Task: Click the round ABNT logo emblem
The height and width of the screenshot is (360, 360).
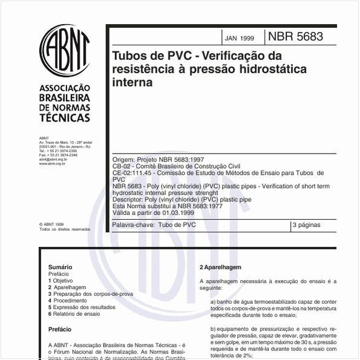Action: (x=64, y=51)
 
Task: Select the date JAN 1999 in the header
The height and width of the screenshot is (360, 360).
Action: (x=240, y=38)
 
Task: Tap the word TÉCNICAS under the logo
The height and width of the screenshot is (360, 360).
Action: (x=65, y=118)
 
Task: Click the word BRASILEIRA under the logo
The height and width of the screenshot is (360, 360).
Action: (x=64, y=97)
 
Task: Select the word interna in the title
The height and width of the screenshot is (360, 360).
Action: (x=133, y=83)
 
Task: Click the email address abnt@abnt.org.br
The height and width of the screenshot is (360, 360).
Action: (x=53, y=159)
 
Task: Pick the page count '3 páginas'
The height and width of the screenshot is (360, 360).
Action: (x=306, y=225)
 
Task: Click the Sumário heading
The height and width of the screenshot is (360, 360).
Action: (x=60, y=267)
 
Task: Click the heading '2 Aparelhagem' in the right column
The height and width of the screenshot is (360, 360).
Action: (x=220, y=267)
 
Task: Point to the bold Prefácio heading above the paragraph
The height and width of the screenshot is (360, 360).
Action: (x=60, y=330)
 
